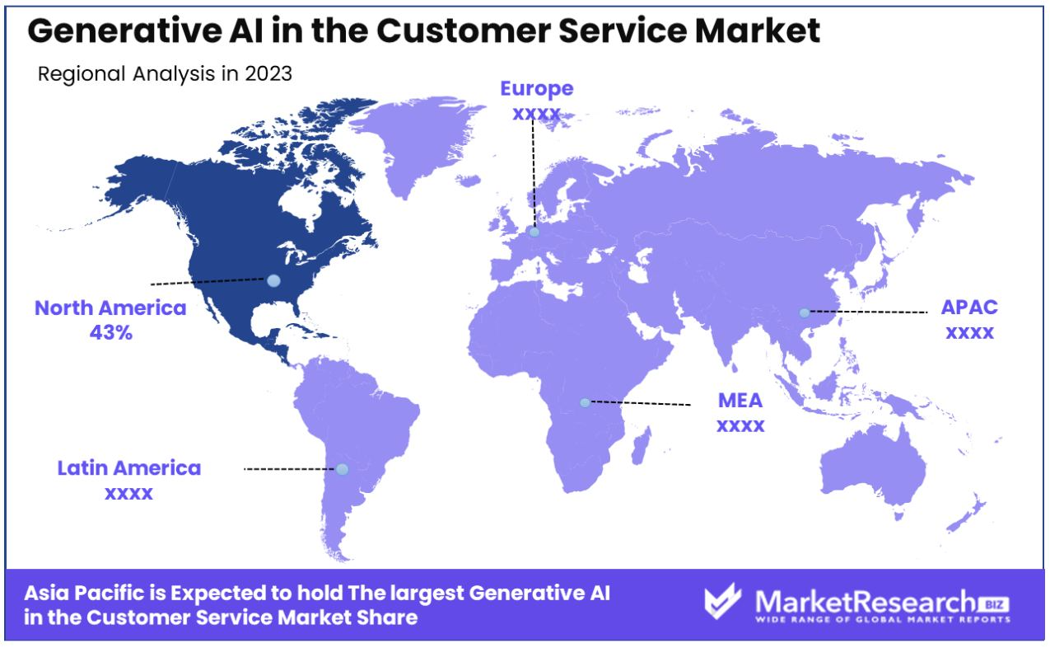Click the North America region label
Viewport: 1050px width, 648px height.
(x=110, y=308)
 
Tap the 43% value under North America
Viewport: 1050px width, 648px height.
(x=111, y=333)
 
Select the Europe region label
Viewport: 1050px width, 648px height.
(x=537, y=89)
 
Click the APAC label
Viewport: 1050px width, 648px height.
(x=969, y=308)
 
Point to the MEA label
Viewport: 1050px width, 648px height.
(x=740, y=400)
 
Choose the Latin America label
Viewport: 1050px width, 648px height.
(x=129, y=467)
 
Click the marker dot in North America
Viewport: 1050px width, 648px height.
(x=273, y=280)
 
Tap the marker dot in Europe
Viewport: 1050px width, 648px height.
(x=534, y=232)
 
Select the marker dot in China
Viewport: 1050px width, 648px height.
(x=805, y=312)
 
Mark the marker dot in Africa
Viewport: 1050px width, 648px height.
(x=585, y=402)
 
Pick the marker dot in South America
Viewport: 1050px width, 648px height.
(x=343, y=469)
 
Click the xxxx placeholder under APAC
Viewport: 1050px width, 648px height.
(x=969, y=333)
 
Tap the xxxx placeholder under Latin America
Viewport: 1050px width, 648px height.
(x=129, y=494)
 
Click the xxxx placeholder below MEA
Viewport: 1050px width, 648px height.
(x=740, y=426)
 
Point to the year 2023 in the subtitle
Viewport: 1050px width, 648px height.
(x=268, y=73)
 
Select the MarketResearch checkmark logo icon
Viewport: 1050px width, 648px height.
(x=723, y=601)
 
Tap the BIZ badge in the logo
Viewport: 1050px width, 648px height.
(x=995, y=604)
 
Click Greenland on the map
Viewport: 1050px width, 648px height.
(x=418, y=141)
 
